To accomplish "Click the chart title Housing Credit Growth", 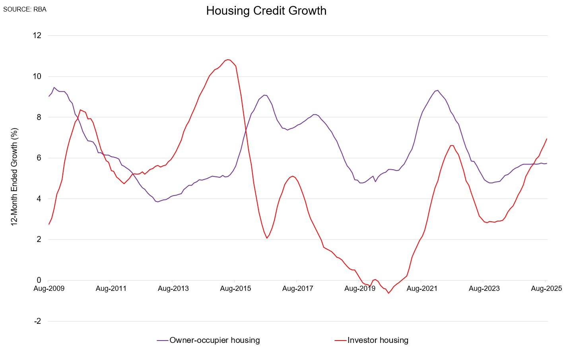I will (x=266, y=11).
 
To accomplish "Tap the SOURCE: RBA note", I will (x=25, y=9).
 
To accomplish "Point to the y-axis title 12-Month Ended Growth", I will (x=15, y=177).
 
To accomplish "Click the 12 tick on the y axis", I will (x=37, y=35).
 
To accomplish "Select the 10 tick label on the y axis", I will (x=37, y=76).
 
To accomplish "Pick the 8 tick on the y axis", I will (x=39, y=117).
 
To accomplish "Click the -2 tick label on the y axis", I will (x=37, y=321).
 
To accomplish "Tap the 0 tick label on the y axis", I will (x=39, y=280).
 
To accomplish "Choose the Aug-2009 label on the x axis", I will (x=49, y=288).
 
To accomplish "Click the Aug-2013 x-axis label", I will (x=173, y=288).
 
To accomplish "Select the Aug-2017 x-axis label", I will (x=298, y=288).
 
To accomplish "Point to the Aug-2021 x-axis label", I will (x=422, y=288).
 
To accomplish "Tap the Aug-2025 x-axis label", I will (x=546, y=288).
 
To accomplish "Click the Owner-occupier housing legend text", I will (x=215, y=340).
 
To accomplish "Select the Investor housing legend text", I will (x=378, y=340).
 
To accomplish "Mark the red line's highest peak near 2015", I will (x=228, y=60).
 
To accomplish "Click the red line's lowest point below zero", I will (x=388, y=293).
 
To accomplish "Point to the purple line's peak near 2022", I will (x=437, y=90).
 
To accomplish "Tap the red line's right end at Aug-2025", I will (x=547, y=139).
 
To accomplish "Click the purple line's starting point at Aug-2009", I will (x=49, y=96).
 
